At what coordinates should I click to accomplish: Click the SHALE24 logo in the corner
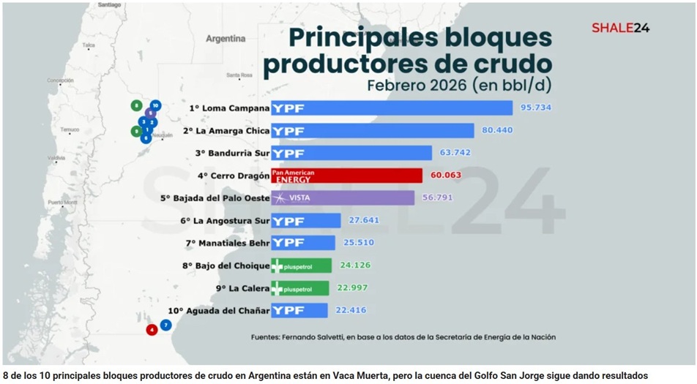click(x=620, y=28)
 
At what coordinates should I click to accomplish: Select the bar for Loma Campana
click(x=392, y=108)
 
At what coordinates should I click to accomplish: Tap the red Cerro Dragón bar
click(x=346, y=176)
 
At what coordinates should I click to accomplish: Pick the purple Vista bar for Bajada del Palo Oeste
click(x=343, y=198)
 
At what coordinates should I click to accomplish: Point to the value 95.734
click(x=535, y=108)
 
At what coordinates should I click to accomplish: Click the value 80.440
click(x=497, y=130)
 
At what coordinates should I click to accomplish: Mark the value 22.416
click(x=351, y=310)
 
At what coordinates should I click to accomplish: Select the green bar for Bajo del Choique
click(x=301, y=266)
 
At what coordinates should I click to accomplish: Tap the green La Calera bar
click(x=301, y=288)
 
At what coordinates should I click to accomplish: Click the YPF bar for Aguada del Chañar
click(x=299, y=310)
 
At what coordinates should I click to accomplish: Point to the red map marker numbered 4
click(x=152, y=330)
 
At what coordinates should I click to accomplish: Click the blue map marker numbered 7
click(x=166, y=325)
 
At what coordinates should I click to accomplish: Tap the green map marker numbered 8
click(x=136, y=105)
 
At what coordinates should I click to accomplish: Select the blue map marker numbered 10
click(x=155, y=105)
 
